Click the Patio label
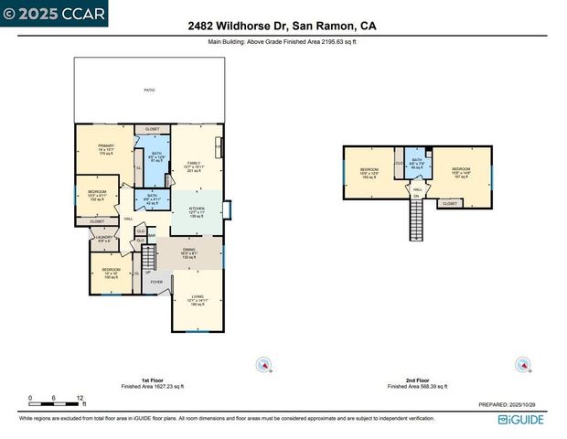click(x=148, y=91)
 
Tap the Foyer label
click(x=156, y=282)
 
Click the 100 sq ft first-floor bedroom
click(x=111, y=273)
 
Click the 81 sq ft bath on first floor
click(x=156, y=156)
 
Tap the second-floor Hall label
click(x=416, y=188)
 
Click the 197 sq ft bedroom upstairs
click(x=460, y=172)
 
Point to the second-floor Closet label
click(x=450, y=204)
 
